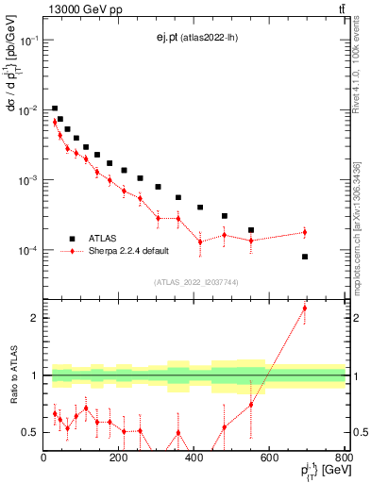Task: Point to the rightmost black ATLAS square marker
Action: [305, 257]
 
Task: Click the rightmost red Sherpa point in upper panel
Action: [305, 232]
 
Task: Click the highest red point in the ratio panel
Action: [305, 308]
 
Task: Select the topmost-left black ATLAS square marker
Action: [55, 108]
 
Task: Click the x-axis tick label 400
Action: [194, 459]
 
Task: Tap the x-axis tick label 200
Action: [119, 459]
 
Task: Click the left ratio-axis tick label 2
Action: [35, 318]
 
